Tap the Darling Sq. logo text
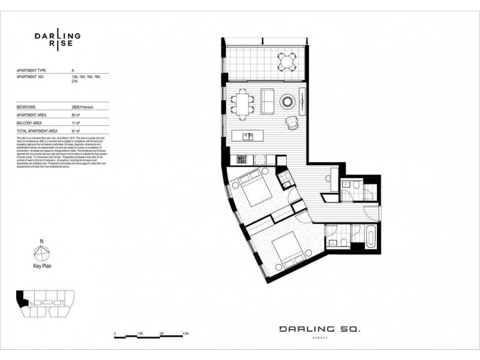pos(320,329)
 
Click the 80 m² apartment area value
pos(76,115)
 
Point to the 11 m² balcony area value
pos(76,122)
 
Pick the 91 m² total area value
pos(76,130)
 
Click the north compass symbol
pos(41,253)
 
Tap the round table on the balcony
pos(286,61)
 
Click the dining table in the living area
pos(242,101)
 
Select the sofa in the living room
pos(267,101)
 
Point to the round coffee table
pos(289,101)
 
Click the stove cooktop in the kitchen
pos(241,160)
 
